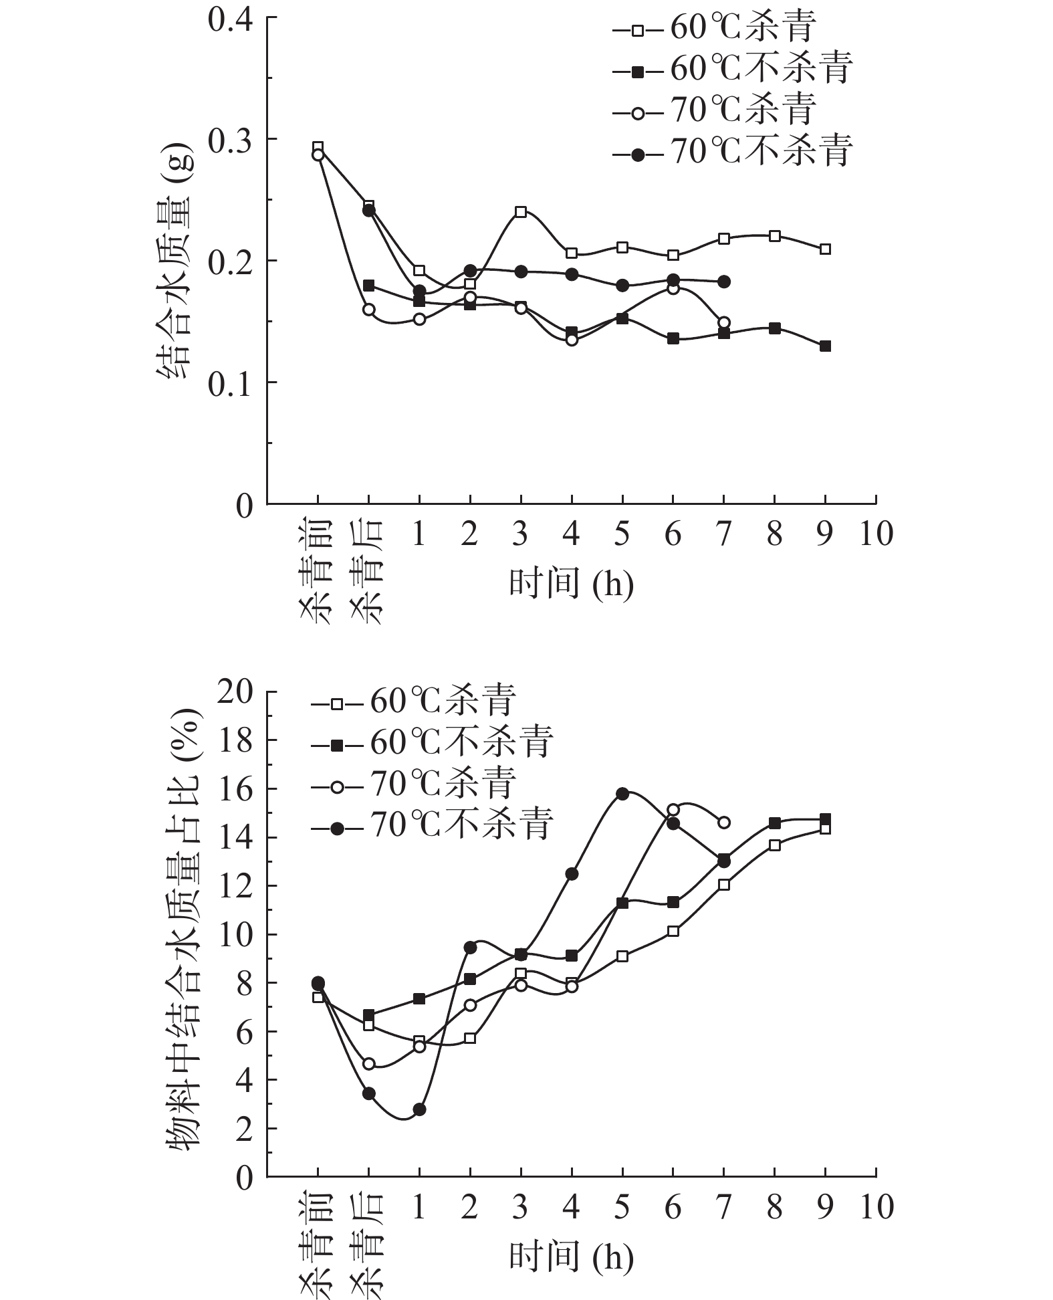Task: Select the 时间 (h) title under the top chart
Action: tap(571, 584)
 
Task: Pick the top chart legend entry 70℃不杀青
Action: tap(733, 153)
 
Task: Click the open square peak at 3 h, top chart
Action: tap(521, 212)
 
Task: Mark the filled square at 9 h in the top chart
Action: tap(825, 346)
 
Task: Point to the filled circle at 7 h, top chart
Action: tap(723, 282)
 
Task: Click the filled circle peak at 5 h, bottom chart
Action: tap(622, 794)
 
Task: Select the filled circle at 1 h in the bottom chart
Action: tap(419, 1109)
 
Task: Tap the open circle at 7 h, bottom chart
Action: tap(723, 823)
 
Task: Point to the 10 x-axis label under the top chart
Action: tap(876, 534)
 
